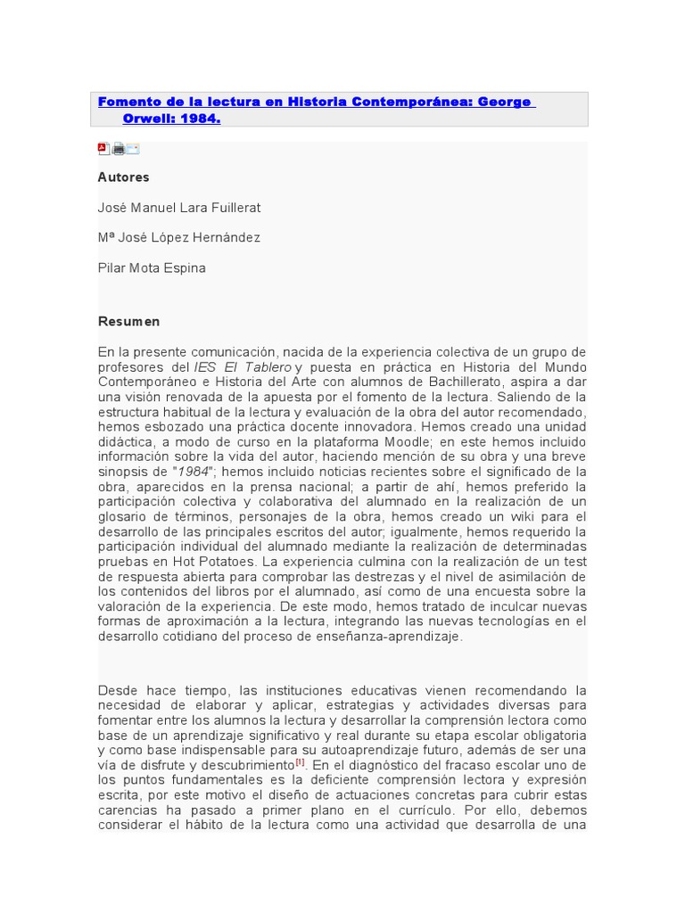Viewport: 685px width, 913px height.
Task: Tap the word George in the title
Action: [x=505, y=102]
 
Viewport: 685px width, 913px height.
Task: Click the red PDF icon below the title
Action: [x=103, y=149]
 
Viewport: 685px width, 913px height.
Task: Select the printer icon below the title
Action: [x=118, y=149]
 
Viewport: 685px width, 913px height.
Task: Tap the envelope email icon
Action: [x=132, y=149]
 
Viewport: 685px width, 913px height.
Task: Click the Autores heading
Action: [x=123, y=177]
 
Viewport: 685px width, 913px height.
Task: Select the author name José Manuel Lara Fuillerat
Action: [x=178, y=208]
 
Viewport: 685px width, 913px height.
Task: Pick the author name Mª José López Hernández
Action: [x=178, y=238]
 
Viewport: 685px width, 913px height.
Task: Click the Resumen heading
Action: [x=128, y=321]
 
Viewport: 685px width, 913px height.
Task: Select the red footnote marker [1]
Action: [x=301, y=763]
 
